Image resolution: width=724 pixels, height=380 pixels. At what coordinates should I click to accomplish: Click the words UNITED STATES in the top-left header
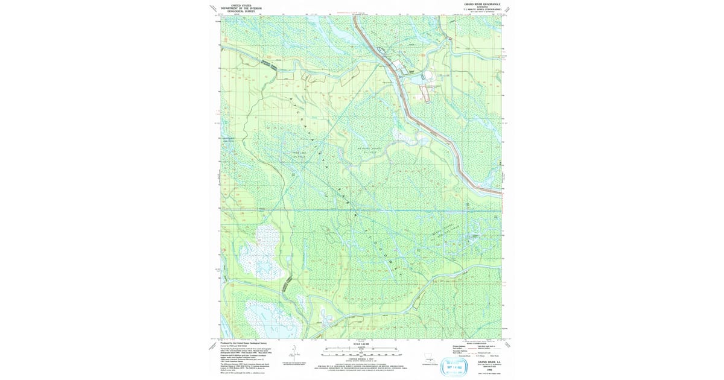[x=237, y=4]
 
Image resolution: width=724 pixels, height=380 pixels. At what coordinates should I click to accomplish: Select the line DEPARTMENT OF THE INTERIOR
[x=237, y=7]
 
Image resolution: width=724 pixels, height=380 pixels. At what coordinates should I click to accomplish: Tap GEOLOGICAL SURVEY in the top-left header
[x=237, y=11]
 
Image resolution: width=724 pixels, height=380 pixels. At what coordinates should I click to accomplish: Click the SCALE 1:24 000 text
[x=361, y=344]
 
